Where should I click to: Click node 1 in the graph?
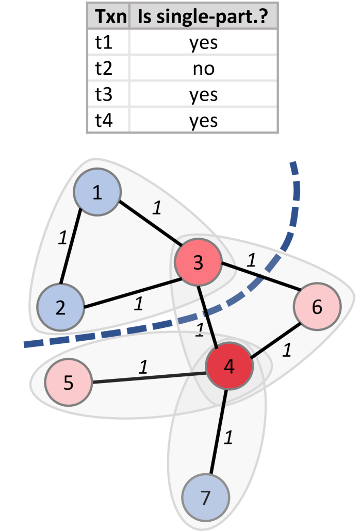point(97,193)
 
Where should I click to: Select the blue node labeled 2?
point(60,308)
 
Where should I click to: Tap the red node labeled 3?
point(198,263)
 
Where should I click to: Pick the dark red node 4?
point(228,367)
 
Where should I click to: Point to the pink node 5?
point(68,383)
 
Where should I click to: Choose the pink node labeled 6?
point(317,307)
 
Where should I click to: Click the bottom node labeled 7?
point(205,498)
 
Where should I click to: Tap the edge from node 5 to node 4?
point(150,378)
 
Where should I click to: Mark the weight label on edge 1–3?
point(157,208)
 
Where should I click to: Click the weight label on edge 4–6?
point(287,351)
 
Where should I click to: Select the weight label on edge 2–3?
point(138,304)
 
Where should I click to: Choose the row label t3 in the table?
point(106,95)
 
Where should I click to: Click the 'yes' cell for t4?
point(203,121)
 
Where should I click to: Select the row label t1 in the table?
point(105,43)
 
